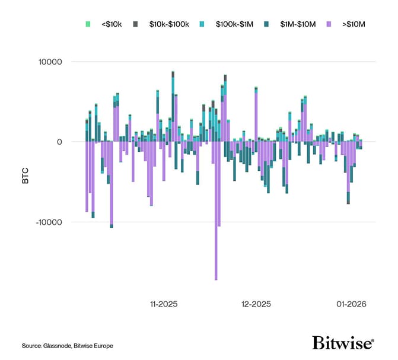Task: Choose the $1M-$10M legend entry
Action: point(298,24)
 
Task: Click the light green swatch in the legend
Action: point(88,24)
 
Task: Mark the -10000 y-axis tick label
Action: point(48,222)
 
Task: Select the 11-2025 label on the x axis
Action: point(163,304)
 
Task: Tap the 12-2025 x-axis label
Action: point(256,304)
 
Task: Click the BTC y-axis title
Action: point(25,177)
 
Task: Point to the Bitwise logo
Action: point(343,343)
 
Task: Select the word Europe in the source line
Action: point(101,346)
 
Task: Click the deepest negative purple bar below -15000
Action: point(216,237)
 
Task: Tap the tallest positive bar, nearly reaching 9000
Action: point(173,107)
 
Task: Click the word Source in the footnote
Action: point(31,346)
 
